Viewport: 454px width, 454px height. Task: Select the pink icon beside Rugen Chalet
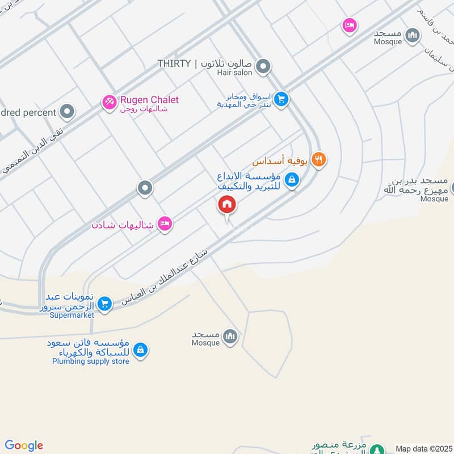[108, 102]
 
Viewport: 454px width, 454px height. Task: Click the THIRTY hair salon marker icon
[263, 68]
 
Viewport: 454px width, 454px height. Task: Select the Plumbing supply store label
[91, 361]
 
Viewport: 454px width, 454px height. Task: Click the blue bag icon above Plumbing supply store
[141, 350]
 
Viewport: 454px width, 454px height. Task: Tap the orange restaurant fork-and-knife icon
[319, 160]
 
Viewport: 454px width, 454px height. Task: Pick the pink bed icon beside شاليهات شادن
[165, 224]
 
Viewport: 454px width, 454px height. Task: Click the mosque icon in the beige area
[230, 337]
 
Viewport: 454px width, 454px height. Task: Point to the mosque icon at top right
[414, 35]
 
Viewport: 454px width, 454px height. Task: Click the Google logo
[24, 445]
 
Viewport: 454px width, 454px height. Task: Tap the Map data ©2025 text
[423, 448]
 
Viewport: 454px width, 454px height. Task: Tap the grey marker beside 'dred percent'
[68, 112]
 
